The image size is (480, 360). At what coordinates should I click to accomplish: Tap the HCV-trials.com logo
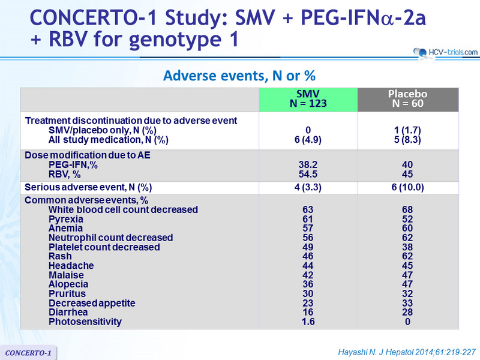point(445,53)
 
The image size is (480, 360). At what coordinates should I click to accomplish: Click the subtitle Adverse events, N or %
point(239,76)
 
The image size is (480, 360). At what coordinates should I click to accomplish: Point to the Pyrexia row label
point(66,219)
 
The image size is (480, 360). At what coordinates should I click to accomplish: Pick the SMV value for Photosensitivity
point(308,322)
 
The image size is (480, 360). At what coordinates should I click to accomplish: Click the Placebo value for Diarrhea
point(407,312)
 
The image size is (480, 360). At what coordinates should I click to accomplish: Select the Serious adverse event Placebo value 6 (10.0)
point(407,187)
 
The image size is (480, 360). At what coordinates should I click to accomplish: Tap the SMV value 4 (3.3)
point(308,187)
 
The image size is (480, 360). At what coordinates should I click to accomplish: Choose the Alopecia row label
point(68,284)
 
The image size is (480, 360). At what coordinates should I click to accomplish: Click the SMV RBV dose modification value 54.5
point(308,174)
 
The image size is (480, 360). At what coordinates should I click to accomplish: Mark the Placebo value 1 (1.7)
point(407,130)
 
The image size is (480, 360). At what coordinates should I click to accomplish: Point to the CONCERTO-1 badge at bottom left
point(28,353)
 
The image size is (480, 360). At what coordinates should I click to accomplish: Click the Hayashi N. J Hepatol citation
point(407,352)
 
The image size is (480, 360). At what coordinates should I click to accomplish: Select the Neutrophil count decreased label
point(111,238)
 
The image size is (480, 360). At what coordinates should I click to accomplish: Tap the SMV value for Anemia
point(308,229)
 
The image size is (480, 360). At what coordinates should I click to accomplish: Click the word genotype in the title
point(175,40)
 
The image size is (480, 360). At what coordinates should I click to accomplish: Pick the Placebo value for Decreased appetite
point(407,303)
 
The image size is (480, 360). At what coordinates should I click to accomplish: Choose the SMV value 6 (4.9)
point(308,140)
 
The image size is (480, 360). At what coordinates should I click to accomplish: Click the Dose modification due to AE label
point(88,155)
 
